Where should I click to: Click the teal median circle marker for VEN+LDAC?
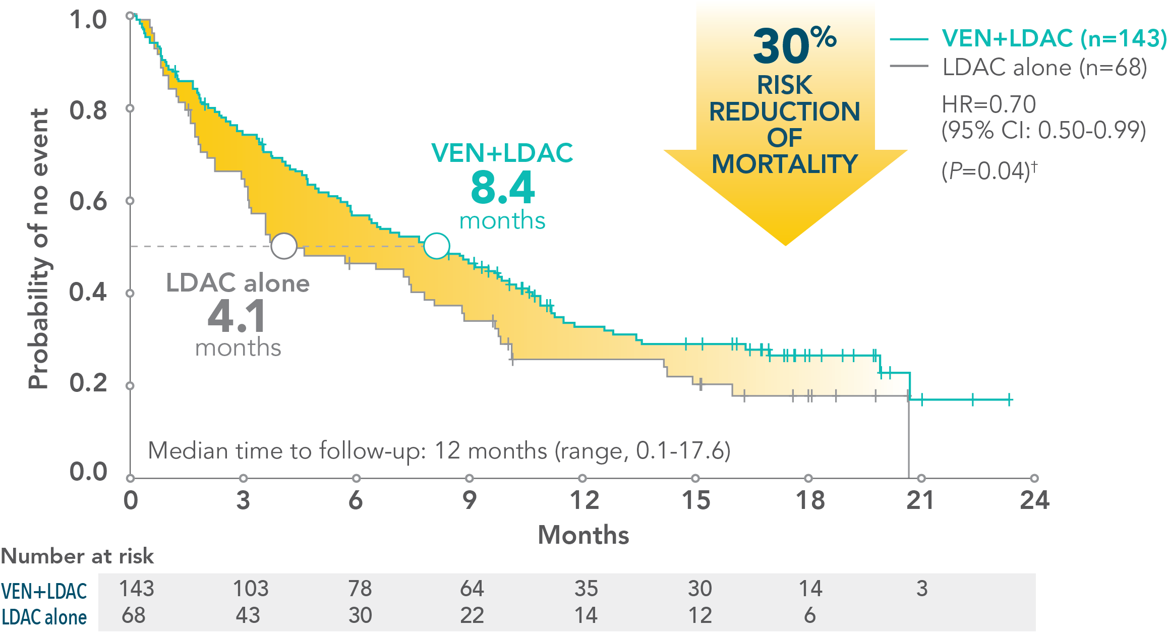click(x=436, y=246)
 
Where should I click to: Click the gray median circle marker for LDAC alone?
click(x=284, y=246)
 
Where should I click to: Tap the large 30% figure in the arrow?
click(x=794, y=45)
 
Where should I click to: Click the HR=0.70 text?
click(x=988, y=104)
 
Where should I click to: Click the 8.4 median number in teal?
click(x=502, y=188)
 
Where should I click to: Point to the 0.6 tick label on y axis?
click(x=88, y=201)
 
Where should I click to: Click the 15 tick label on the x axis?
click(x=696, y=500)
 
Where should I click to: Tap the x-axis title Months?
click(x=583, y=535)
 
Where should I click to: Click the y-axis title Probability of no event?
click(x=38, y=248)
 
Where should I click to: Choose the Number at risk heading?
click(x=77, y=556)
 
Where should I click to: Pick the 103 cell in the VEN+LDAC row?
click(x=251, y=588)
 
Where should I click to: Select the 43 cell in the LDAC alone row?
click(x=248, y=615)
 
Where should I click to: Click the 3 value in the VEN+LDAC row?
click(x=921, y=588)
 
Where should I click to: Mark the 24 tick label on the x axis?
click(x=1034, y=500)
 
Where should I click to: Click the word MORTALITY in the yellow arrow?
click(x=785, y=164)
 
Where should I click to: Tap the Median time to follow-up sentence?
click(x=439, y=450)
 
